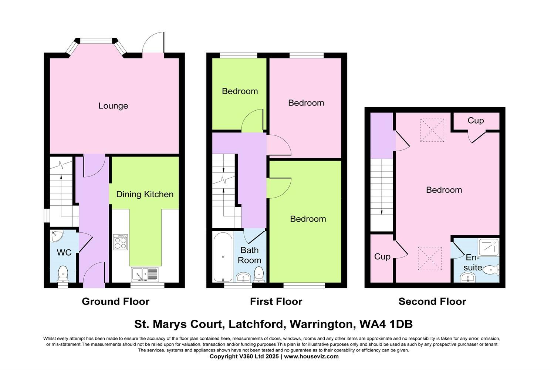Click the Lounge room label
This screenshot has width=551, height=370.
[113, 106]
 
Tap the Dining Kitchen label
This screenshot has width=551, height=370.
[145, 194]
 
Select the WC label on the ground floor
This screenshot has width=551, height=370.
[64, 253]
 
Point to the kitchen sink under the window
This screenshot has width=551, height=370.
[144, 274]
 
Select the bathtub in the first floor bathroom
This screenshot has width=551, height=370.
[223, 257]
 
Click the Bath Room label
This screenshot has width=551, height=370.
[250, 255]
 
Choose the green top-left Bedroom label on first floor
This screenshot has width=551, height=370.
[240, 91]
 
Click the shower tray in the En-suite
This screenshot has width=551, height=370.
[489, 248]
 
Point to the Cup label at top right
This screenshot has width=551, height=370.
[476, 121]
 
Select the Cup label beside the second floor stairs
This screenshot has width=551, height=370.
[382, 256]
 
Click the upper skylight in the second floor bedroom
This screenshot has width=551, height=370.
[432, 130]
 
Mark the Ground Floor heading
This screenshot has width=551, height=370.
[115, 302]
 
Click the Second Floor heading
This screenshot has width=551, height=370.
[432, 302]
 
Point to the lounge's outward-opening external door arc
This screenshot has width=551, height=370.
[152, 41]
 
